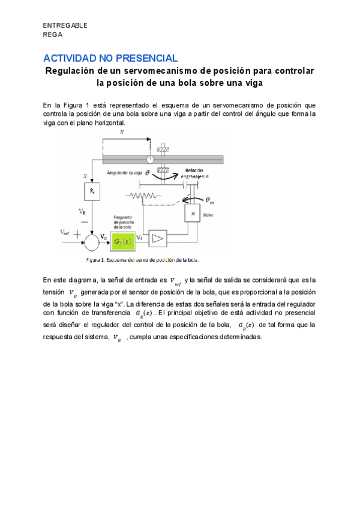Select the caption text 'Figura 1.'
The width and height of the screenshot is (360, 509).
coord(95,261)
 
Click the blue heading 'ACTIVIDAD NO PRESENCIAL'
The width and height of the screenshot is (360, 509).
coord(110,58)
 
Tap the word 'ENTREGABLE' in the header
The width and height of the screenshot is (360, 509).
coord(65,25)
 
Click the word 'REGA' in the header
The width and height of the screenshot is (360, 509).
coord(53,34)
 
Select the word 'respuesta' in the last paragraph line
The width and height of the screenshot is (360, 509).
coord(58,337)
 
